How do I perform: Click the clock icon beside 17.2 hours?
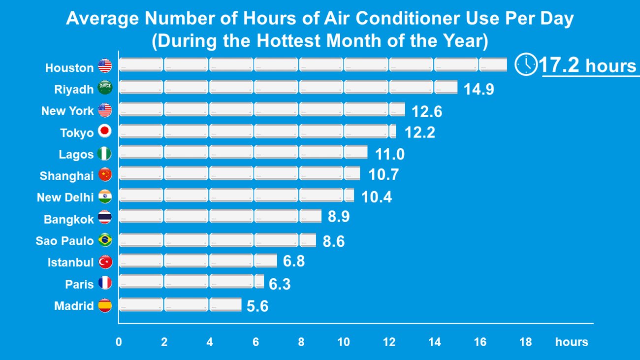tap(526, 65)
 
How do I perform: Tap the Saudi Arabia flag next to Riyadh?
tap(105, 88)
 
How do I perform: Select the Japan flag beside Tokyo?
tap(105, 131)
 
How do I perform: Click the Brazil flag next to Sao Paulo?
tap(105, 240)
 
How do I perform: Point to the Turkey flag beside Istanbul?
tap(105, 262)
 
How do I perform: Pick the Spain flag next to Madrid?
tap(105, 305)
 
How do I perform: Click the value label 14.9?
tap(479, 90)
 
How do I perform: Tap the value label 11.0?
tap(389, 155)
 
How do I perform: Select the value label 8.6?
tap(333, 241)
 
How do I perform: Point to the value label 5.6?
tap(257, 307)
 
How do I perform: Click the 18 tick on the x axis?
tap(525, 342)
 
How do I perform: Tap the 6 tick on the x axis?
tap(256, 342)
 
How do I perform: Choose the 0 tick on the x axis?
tap(119, 342)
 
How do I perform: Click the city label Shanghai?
tap(66, 176)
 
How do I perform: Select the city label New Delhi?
tap(65, 197)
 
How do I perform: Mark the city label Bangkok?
tap(68, 219)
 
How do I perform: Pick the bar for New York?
tap(262, 109)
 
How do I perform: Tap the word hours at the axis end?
tap(571, 342)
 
